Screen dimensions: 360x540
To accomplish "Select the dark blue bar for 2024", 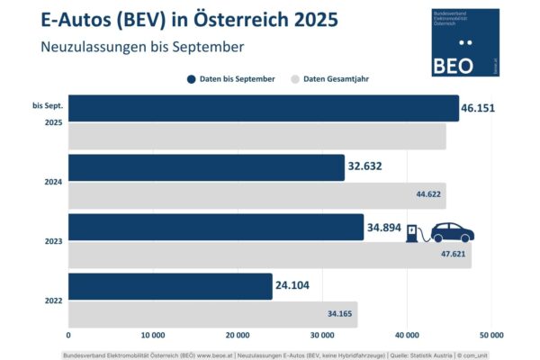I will pyautogui.click(x=206, y=167).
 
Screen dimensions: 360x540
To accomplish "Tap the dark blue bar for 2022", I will pyautogui.click(x=170, y=286).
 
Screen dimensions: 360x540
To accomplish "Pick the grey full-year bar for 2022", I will pyautogui.click(x=212, y=314).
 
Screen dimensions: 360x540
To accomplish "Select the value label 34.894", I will pyautogui.click(x=384, y=227).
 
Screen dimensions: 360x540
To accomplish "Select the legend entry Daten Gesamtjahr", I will pyautogui.click(x=329, y=79).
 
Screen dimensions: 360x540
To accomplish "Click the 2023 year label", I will pyautogui.click(x=53, y=241).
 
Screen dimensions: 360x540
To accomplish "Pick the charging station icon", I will pyautogui.click(x=413, y=233).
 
